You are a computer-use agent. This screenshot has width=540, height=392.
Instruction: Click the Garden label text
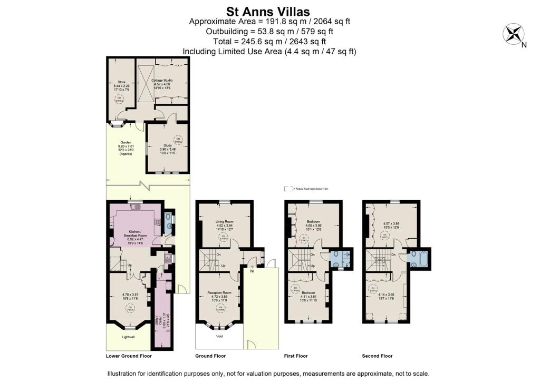pyautogui.click(x=125, y=142)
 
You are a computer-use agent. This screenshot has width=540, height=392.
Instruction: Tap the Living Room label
pyautogui.click(x=225, y=222)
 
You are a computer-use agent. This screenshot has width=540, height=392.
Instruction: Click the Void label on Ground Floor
pyautogui.click(x=219, y=336)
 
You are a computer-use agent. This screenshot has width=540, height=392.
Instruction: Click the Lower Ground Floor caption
pyautogui.click(x=129, y=356)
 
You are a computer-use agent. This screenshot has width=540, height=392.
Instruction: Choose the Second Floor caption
pyautogui.click(x=377, y=356)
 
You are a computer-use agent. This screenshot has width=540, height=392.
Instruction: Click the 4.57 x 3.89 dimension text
pyautogui.click(x=391, y=223)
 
